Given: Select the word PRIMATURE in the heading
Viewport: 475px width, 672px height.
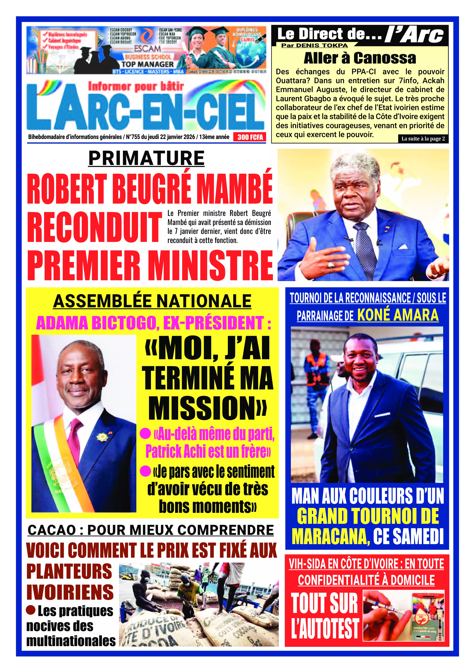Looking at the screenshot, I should click(x=146, y=158).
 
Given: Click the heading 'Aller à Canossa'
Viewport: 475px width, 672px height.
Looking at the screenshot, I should click(x=360, y=58).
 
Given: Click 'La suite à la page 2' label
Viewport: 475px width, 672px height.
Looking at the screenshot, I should click(x=423, y=139).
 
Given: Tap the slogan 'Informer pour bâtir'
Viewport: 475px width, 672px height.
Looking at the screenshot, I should click(x=136, y=86).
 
